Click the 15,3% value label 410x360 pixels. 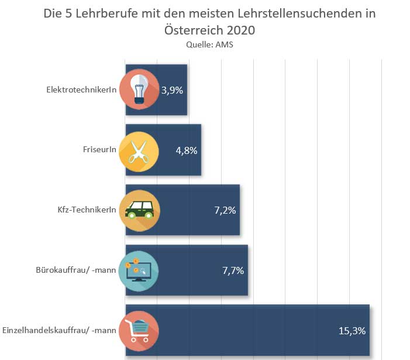352,331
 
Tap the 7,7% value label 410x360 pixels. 232,270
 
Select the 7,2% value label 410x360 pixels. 225,210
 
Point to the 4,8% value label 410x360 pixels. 187,150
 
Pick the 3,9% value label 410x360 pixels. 173,90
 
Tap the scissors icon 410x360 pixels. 139,150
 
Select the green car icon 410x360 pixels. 139,210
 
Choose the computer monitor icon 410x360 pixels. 139,270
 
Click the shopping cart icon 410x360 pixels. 139,331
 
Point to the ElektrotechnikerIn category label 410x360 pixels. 82,90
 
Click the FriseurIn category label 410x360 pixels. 99,150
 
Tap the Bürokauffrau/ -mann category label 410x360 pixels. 76,270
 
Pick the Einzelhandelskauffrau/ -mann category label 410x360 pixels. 60,331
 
